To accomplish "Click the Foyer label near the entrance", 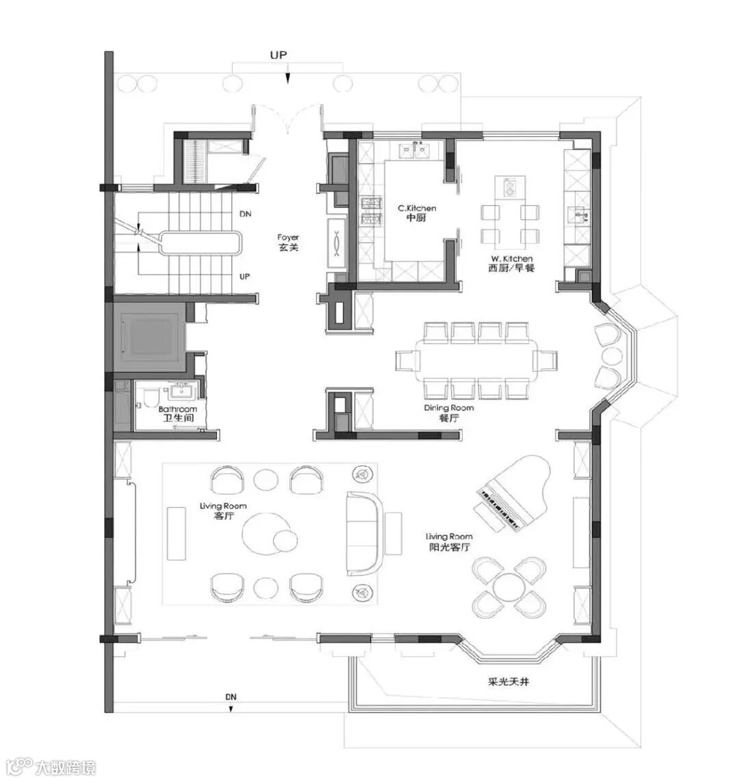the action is [288, 242].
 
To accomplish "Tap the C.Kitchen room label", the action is [417, 213].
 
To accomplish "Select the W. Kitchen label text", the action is [511, 263].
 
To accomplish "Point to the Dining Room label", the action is [449, 413].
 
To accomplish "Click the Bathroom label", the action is [178, 413].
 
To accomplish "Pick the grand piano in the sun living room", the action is [513, 493].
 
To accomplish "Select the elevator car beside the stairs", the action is [151, 334].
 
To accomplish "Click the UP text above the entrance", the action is [278, 55].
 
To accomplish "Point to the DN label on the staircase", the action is [245, 214].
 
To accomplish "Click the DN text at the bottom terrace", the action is [231, 697].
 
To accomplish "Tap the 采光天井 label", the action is [508, 681].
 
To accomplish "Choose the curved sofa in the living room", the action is [365, 533].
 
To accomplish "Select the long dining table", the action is [476, 359].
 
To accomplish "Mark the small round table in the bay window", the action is [612, 357].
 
